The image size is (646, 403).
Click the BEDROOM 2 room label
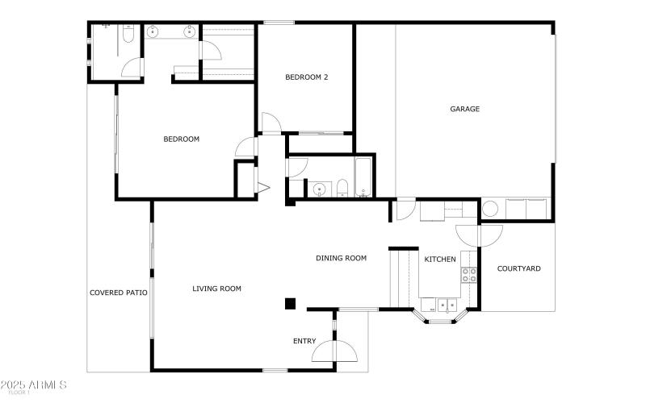tap(307, 77)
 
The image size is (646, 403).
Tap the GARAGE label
tap(465, 109)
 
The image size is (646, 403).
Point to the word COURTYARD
tap(518, 268)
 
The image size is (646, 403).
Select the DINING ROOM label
tap(341, 258)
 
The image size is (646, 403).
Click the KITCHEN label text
tap(440, 259)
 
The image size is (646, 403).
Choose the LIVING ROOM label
tap(216, 288)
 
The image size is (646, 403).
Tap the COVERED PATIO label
tap(118, 292)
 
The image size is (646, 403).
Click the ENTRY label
tap(304, 341)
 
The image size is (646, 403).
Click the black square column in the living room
tap(290, 303)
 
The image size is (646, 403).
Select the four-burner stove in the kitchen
tap(469, 275)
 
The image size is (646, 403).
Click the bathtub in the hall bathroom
tap(363, 179)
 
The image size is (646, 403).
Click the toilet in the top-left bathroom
tap(128, 34)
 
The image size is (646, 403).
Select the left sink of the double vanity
tap(153, 33)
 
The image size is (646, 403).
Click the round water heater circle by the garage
tap(491, 208)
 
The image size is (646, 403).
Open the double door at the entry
tap(334, 351)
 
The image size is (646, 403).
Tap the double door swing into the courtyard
tap(479, 235)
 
